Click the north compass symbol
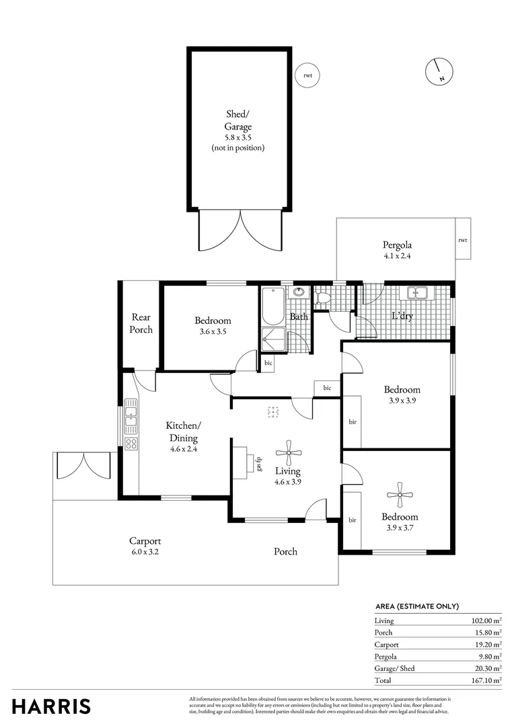pyautogui.click(x=438, y=71)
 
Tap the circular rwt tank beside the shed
pyautogui.click(x=307, y=75)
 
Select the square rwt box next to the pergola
pyautogui.click(x=462, y=239)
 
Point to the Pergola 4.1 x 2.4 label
pyautogui.click(x=397, y=250)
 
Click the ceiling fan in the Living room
pyautogui.click(x=289, y=448)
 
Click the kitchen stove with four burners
pyautogui.click(x=131, y=444)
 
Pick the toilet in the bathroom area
pyautogui.click(x=322, y=296)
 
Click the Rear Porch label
pyautogui.click(x=141, y=323)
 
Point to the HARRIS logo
pyautogui.click(x=51, y=706)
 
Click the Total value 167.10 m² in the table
pyautogui.click(x=486, y=680)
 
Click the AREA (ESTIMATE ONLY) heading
pyautogui.click(x=416, y=606)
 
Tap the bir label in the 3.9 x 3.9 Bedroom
pyautogui.click(x=352, y=421)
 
